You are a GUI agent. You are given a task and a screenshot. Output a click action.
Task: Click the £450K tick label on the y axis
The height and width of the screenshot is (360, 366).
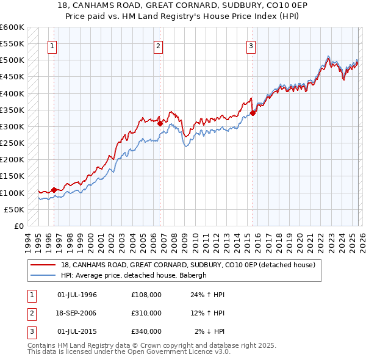tap(12, 77)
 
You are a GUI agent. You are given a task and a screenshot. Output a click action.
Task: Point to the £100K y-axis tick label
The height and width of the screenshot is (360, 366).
tap(12, 193)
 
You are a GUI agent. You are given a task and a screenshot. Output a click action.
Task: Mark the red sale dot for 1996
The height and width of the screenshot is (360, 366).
tap(54, 190)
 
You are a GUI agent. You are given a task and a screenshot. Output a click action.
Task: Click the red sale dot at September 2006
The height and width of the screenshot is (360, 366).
tap(160, 123)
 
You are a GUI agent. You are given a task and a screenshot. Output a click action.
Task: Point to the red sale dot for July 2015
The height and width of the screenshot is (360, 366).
tap(253, 113)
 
